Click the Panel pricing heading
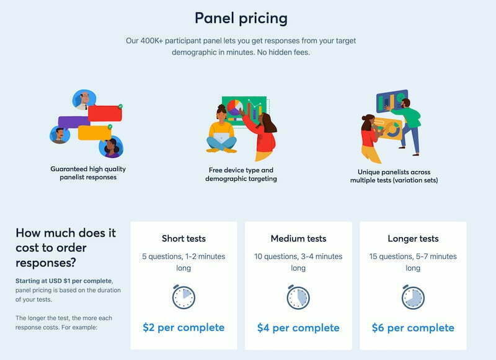[x=241, y=19]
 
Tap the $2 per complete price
[x=184, y=327]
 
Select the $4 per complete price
[x=298, y=328]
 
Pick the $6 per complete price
[x=413, y=328]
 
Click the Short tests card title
[x=184, y=239]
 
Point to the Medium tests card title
[x=298, y=239]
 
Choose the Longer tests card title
[x=413, y=239]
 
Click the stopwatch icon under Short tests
[x=184, y=297]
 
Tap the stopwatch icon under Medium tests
[x=298, y=297]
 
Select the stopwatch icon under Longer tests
[x=413, y=297]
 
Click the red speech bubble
[x=105, y=113]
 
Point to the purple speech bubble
[x=73, y=122]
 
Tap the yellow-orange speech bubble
[x=94, y=133]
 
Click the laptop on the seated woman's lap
[x=221, y=137]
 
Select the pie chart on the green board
[x=234, y=107]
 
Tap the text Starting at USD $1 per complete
[x=64, y=281]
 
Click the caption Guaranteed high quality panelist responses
[x=88, y=173]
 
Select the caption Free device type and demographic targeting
[x=241, y=175]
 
